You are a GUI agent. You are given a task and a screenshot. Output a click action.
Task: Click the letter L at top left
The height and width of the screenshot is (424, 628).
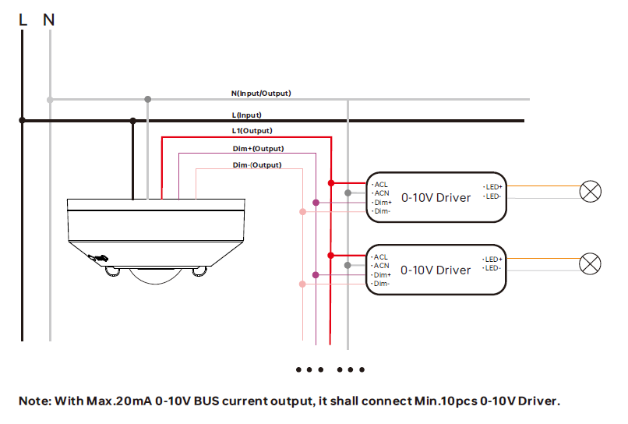(x=23, y=19)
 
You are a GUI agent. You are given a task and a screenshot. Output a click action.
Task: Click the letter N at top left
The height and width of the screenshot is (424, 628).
(x=49, y=19)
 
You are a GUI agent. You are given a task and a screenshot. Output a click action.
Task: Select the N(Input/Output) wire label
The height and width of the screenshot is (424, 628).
(x=261, y=94)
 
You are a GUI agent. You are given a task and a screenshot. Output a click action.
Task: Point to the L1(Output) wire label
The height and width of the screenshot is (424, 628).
(x=252, y=131)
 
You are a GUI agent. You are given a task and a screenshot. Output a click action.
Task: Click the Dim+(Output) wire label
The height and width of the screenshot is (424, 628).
(x=258, y=148)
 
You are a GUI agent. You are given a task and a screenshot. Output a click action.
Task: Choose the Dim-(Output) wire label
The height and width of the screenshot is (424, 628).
(x=257, y=165)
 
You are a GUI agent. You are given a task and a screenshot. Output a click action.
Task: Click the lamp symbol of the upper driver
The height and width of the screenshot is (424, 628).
(x=591, y=191)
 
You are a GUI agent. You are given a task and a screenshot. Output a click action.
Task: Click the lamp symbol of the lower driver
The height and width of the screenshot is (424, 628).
(x=591, y=263)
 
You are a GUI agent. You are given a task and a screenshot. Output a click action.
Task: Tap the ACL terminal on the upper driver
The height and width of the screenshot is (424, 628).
(x=381, y=185)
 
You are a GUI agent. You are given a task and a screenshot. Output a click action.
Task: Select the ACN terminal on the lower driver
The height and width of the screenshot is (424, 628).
(x=381, y=266)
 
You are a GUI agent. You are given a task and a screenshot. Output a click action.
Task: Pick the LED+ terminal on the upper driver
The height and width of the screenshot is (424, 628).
(x=493, y=187)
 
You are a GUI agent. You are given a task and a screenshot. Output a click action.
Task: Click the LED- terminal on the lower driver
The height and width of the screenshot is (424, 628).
(x=492, y=268)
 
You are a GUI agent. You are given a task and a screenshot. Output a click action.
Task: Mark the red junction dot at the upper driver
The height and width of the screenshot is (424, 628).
(x=331, y=183)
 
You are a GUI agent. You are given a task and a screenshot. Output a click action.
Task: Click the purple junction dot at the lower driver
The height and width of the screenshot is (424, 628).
(x=316, y=274)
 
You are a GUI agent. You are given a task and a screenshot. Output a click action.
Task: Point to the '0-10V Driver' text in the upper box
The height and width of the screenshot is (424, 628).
(x=436, y=198)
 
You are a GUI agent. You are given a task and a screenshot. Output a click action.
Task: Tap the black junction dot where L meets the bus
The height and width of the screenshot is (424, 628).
(x=23, y=120)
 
